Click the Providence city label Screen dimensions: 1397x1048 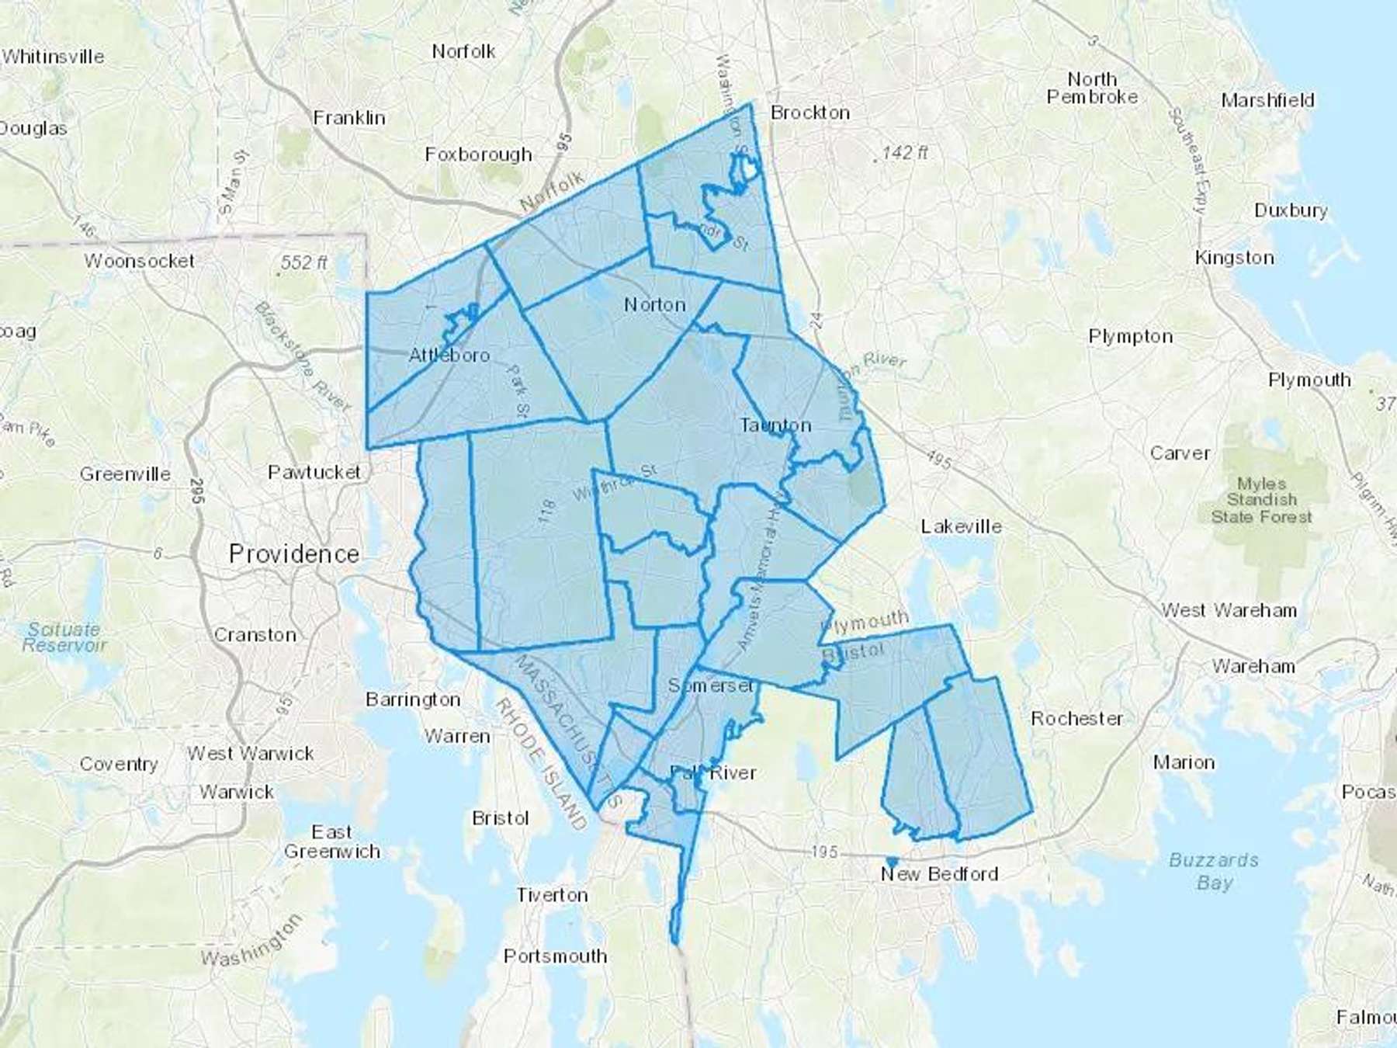coord(294,554)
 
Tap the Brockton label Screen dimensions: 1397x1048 coord(809,113)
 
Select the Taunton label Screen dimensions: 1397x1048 coord(775,425)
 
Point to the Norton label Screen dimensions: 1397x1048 coord(655,305)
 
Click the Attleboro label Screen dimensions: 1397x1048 coord(449,356)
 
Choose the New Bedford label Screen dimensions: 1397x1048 coord(939,874)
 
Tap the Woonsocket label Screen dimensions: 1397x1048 coord(140,261)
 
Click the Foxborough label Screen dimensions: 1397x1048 coord(478,154)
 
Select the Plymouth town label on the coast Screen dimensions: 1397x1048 coord(1309,380)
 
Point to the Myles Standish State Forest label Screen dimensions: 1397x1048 coord(1262,500)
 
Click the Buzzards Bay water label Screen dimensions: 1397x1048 coord(1214,871)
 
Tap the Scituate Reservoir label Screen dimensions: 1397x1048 coord(64,637)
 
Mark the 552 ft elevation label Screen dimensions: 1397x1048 coord(303,263)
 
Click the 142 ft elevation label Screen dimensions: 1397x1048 coord(904,153)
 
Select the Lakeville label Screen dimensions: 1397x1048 coord(961,526)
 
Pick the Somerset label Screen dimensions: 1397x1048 coord(710,685)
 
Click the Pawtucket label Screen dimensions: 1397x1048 coord(314,472)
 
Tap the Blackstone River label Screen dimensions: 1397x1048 coord(303,356)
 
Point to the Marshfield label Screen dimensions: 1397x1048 coord(1267,100)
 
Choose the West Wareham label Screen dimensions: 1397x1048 coord(1229,610)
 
